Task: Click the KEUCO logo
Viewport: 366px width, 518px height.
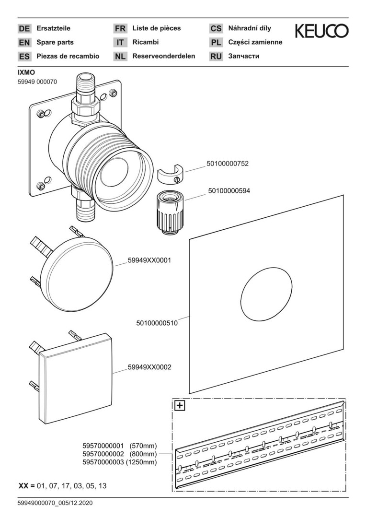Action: tap(321, 31)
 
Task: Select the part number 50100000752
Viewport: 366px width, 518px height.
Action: tap(228, 164)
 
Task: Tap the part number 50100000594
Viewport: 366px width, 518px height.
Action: tap(229, 190)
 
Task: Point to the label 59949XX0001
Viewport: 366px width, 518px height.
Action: tap(149, 260)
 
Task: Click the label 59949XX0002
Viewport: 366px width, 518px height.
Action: tap(149, 367)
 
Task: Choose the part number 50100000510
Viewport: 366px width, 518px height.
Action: tap(157, 323)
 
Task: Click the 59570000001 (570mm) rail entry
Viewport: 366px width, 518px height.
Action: tap(120, 446)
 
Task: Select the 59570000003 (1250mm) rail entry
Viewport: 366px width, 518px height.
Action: tap(120, 462)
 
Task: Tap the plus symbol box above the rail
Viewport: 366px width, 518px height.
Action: tap(180, 406)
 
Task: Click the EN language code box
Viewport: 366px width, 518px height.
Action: tap(24, 42)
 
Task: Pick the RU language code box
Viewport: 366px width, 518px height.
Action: tap(216, 56)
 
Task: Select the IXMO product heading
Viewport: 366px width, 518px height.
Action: tap(26, 72)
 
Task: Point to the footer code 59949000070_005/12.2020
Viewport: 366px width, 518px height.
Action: tap(55, 503)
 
